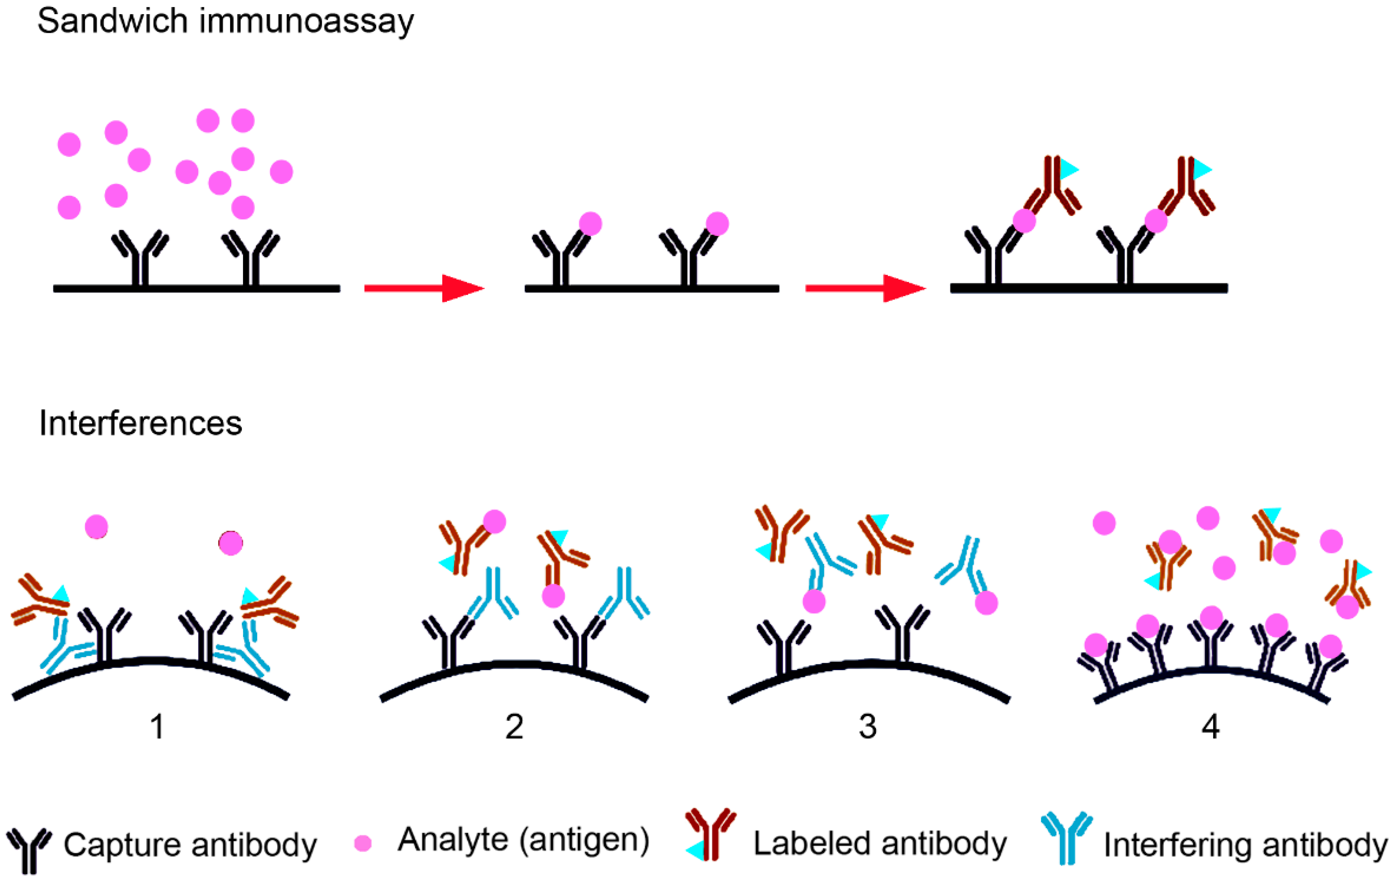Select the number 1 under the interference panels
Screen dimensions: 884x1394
(157, 726)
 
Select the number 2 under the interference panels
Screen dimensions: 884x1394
(514, 726)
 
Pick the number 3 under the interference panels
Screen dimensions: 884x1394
(867, 726)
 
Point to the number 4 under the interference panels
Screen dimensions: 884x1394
(1210, 726)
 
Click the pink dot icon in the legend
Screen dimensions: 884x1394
(363, 843)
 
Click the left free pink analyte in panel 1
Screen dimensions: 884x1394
(96, 527)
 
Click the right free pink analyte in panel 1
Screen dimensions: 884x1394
(230, 543)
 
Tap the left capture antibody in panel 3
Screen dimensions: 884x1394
(783, 646)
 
